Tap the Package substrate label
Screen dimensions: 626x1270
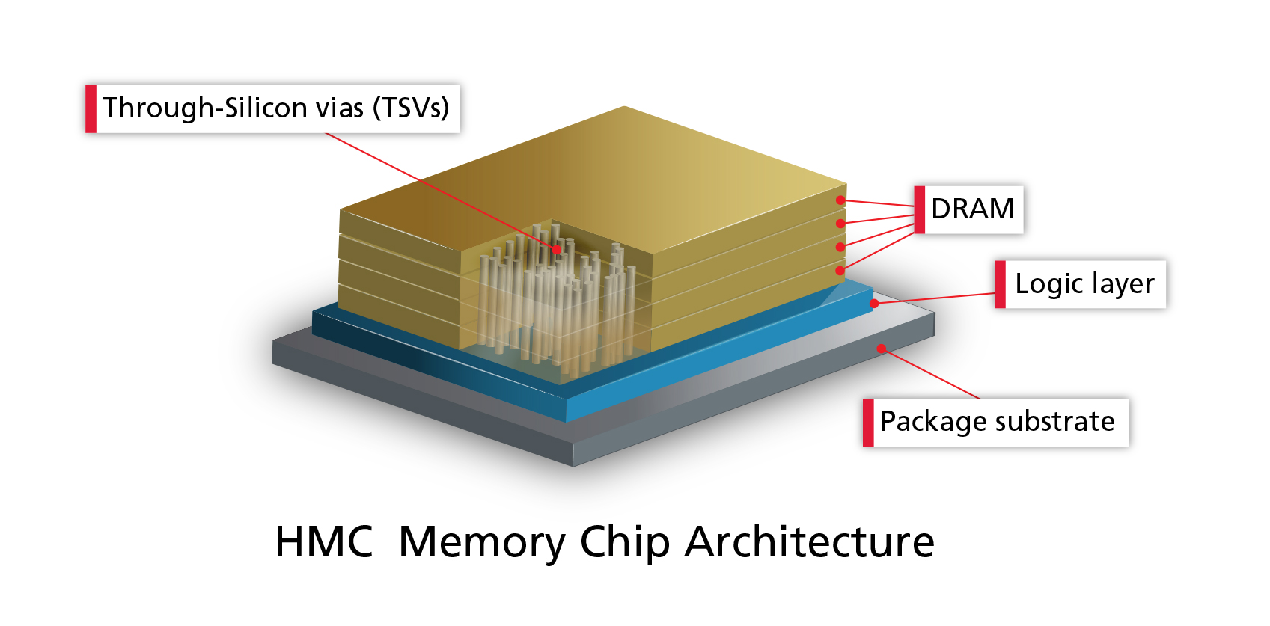click(x=997, y=422)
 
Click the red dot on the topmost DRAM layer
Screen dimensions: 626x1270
click(x=841, y=200)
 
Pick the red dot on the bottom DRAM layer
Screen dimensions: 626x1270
click(x=840, y=270)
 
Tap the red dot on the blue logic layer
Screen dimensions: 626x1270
click(x=874, y=303)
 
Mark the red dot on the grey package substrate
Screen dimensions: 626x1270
click(x=882, y=348)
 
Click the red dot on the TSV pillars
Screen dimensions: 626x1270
click(x=557, y=249)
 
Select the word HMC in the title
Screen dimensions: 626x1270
click(x=323, y=541)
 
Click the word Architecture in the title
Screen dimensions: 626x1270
click(x=809, y=541)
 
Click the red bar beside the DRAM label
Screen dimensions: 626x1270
click(x=920, y=209)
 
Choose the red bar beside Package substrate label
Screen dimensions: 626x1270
click(x=868, y=423)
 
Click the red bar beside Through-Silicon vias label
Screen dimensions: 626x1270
click(x=91, y=108)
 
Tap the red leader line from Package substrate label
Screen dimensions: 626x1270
click(x=932, y=373)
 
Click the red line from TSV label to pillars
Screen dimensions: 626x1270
click(x=442, y=191)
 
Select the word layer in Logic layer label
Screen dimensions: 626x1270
click(x=1123, y=285)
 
